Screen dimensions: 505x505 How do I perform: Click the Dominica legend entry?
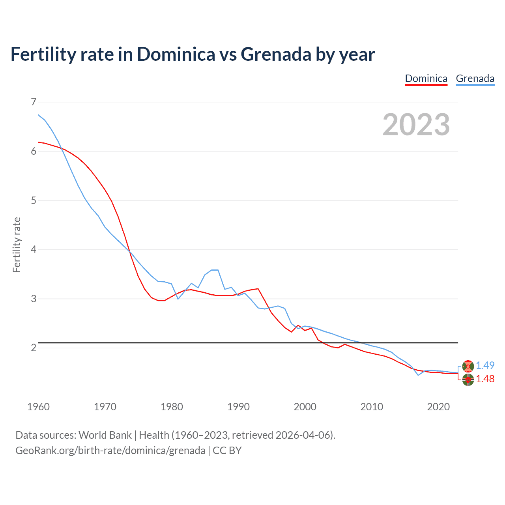coord(426,79)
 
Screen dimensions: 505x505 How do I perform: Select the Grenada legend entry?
coord(475,79)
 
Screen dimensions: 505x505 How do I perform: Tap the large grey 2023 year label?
coord(416,125)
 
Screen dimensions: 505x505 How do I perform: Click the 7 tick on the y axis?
coord(34,102)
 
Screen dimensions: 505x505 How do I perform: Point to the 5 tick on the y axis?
coord(34,200)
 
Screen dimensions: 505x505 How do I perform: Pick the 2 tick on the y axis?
coord(34,348)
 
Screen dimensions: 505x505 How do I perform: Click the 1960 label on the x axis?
coord(38,407)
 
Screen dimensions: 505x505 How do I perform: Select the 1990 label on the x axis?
coord(238,407)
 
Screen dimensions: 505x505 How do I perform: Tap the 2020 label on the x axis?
coord(438,407)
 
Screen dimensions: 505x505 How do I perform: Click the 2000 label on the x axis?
coord(305,407)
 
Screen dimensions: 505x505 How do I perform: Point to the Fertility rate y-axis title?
coord(17,245)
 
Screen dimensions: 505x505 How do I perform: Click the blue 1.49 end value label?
coord(485,366)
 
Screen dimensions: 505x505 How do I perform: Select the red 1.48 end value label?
coord(485,379)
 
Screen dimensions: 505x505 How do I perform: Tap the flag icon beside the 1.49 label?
coord(468,366)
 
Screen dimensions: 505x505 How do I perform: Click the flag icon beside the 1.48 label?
coord(468,380)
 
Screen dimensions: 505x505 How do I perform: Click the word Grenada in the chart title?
coord(276,54)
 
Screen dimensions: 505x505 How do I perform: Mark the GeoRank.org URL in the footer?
coord(110,451)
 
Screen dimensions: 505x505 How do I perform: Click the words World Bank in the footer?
coord(105,435)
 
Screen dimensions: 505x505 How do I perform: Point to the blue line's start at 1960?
coord(38,115)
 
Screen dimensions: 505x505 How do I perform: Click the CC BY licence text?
coord(227,451)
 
